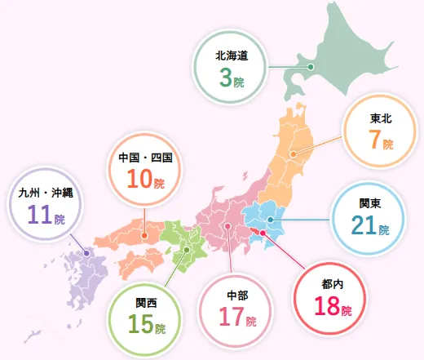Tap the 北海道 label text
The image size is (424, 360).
click(x=231, y=56)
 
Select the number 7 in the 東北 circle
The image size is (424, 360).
click(x=374, y=140)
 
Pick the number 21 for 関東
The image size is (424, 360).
click(x=363, y=224)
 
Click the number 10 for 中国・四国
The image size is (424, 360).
click(x=138, y=179)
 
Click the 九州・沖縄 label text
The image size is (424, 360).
click(x=46, y=194)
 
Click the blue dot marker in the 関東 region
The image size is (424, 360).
click(x=270, y=220)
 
